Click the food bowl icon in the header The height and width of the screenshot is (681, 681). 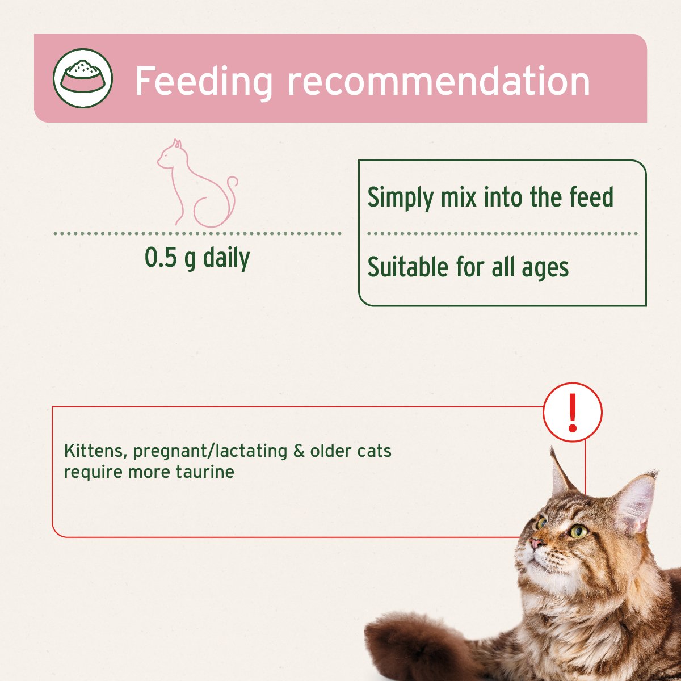click(x=83, y=78)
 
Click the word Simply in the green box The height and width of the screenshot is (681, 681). click(x=401, y=198)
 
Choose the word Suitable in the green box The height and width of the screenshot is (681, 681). click(x=408, y=267)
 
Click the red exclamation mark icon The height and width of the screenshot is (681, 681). click(x=573, y=413)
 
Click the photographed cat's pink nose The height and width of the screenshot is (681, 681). click(x=535, y=544)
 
